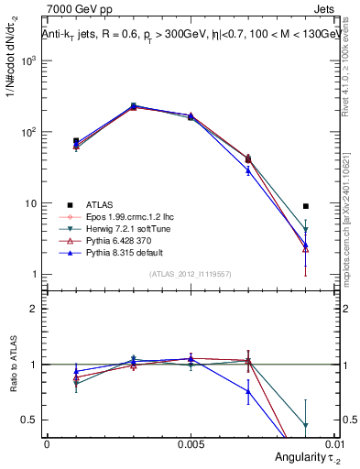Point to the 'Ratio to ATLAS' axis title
click(12, 366)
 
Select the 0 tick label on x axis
click(47, 442)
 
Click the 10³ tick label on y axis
click(29, 60)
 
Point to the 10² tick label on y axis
click(29, 132)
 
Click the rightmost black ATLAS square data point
click(306, 206)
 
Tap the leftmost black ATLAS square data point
click(76, 141)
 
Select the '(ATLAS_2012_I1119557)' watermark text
click(190, 274)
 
